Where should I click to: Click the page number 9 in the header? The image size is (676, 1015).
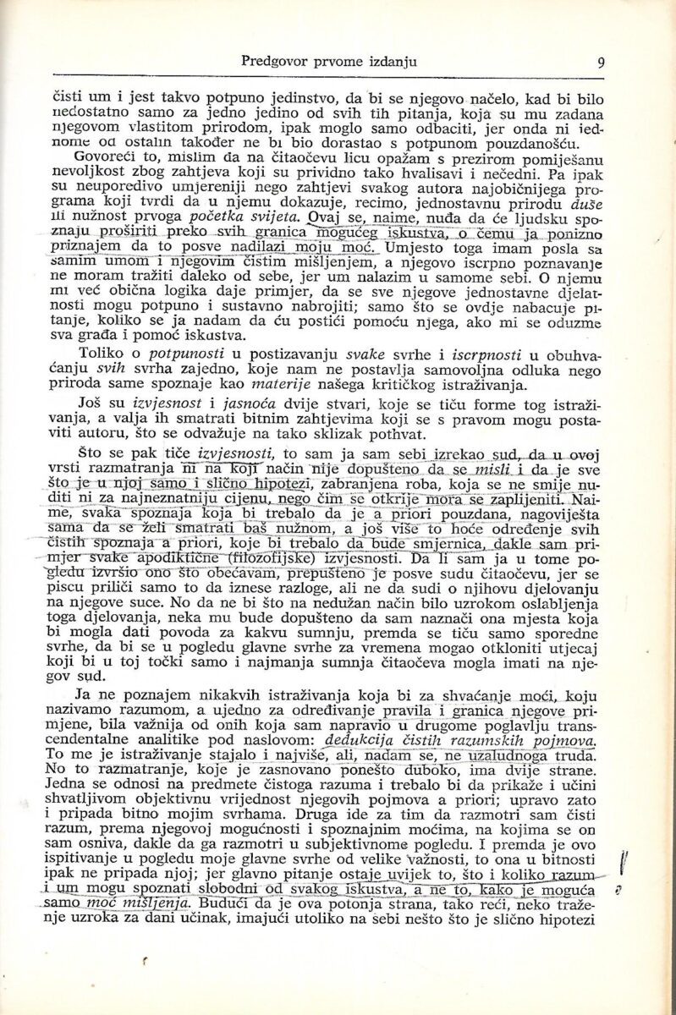click(x=599, y=62)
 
